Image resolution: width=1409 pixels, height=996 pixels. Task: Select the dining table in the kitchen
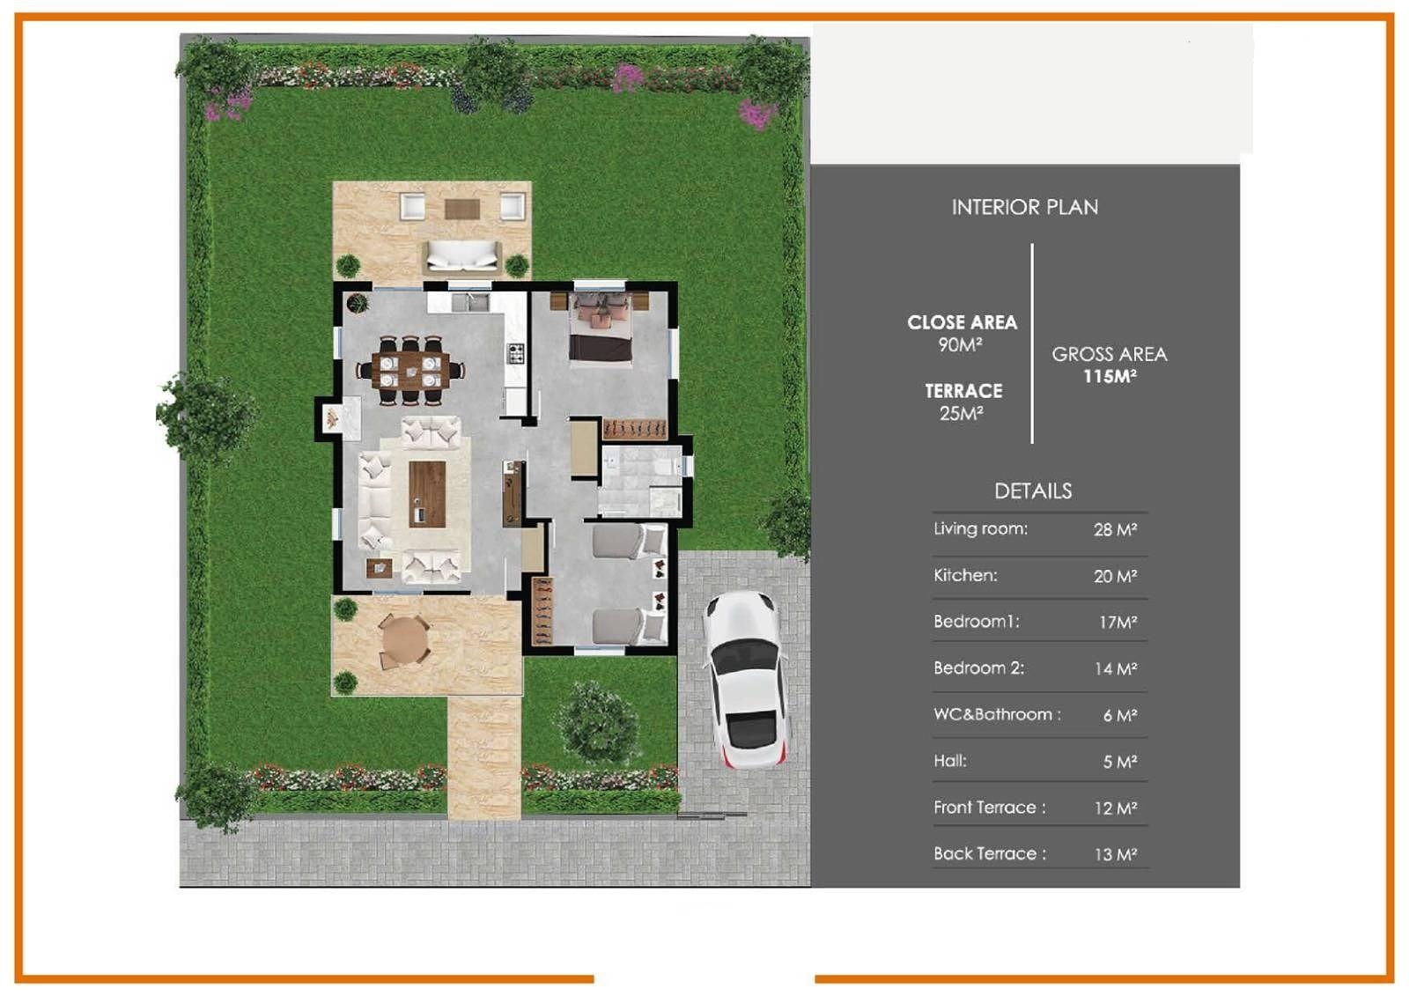pos(410,371)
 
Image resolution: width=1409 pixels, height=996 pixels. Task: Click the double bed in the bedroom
pos(600,328)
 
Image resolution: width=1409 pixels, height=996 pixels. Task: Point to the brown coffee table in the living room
pos(428,494)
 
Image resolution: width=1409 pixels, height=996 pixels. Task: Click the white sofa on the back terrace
pos(462,256)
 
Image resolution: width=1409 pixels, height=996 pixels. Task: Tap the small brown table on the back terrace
pos(462,209)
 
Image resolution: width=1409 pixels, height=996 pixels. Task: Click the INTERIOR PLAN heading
pos(1025,207)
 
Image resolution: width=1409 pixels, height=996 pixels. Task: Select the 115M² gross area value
pos(1110,376)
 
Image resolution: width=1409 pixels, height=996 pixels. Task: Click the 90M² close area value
pos(961,344)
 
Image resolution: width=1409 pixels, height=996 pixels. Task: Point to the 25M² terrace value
pos(963,413)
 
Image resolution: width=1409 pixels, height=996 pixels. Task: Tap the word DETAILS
pos(1033,491)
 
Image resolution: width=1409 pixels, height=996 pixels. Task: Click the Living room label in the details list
pos(980,528)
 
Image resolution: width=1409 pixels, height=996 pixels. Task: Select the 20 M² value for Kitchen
pos(1115,576)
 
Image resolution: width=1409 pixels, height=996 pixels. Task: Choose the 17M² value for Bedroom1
pos(1118,623)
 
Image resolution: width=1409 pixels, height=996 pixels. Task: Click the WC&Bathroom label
pos(997,714)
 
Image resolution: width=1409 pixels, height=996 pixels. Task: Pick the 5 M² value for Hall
pos(1119,762)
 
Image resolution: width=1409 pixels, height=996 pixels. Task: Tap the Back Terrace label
pos(990,853)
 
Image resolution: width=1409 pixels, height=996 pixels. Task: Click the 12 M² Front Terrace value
pos(1115,808)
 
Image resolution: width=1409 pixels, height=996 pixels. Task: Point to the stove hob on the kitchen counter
pos(516,354)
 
